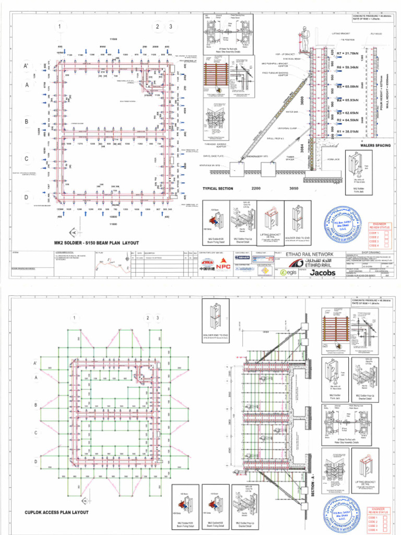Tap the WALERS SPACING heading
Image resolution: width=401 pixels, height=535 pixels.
pos(372,146)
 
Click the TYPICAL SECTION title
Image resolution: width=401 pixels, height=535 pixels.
pos(218,188)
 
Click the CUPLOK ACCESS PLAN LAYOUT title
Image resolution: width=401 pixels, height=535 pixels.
pos(57,512)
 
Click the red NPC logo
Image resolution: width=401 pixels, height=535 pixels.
pos(223,265)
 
